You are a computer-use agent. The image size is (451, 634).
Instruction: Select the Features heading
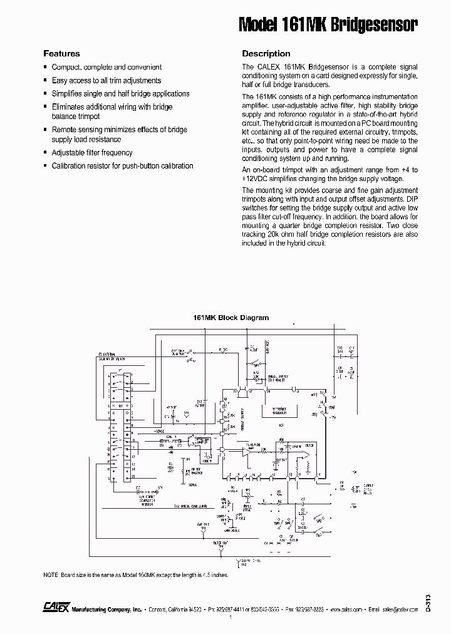[61, 54]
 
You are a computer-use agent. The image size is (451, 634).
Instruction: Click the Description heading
[266, 54]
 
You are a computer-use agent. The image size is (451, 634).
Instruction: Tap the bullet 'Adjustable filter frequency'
[92, 153]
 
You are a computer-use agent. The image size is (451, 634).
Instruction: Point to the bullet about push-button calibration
[122, 166]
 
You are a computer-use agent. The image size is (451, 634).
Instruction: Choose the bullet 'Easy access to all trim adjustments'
[106, 81]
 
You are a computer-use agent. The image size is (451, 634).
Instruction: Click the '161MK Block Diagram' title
[231, 318]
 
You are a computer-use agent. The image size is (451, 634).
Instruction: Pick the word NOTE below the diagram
[50, 574]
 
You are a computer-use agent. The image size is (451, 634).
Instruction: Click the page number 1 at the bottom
[231, 619]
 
